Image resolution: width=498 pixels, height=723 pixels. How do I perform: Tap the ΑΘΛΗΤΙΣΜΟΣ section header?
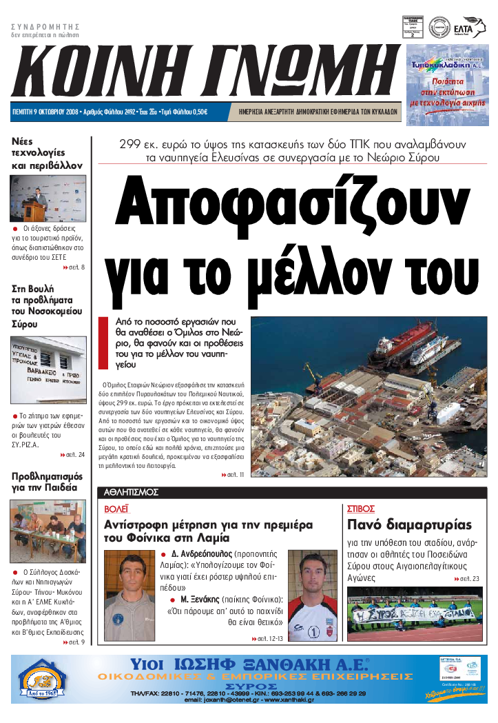132,492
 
